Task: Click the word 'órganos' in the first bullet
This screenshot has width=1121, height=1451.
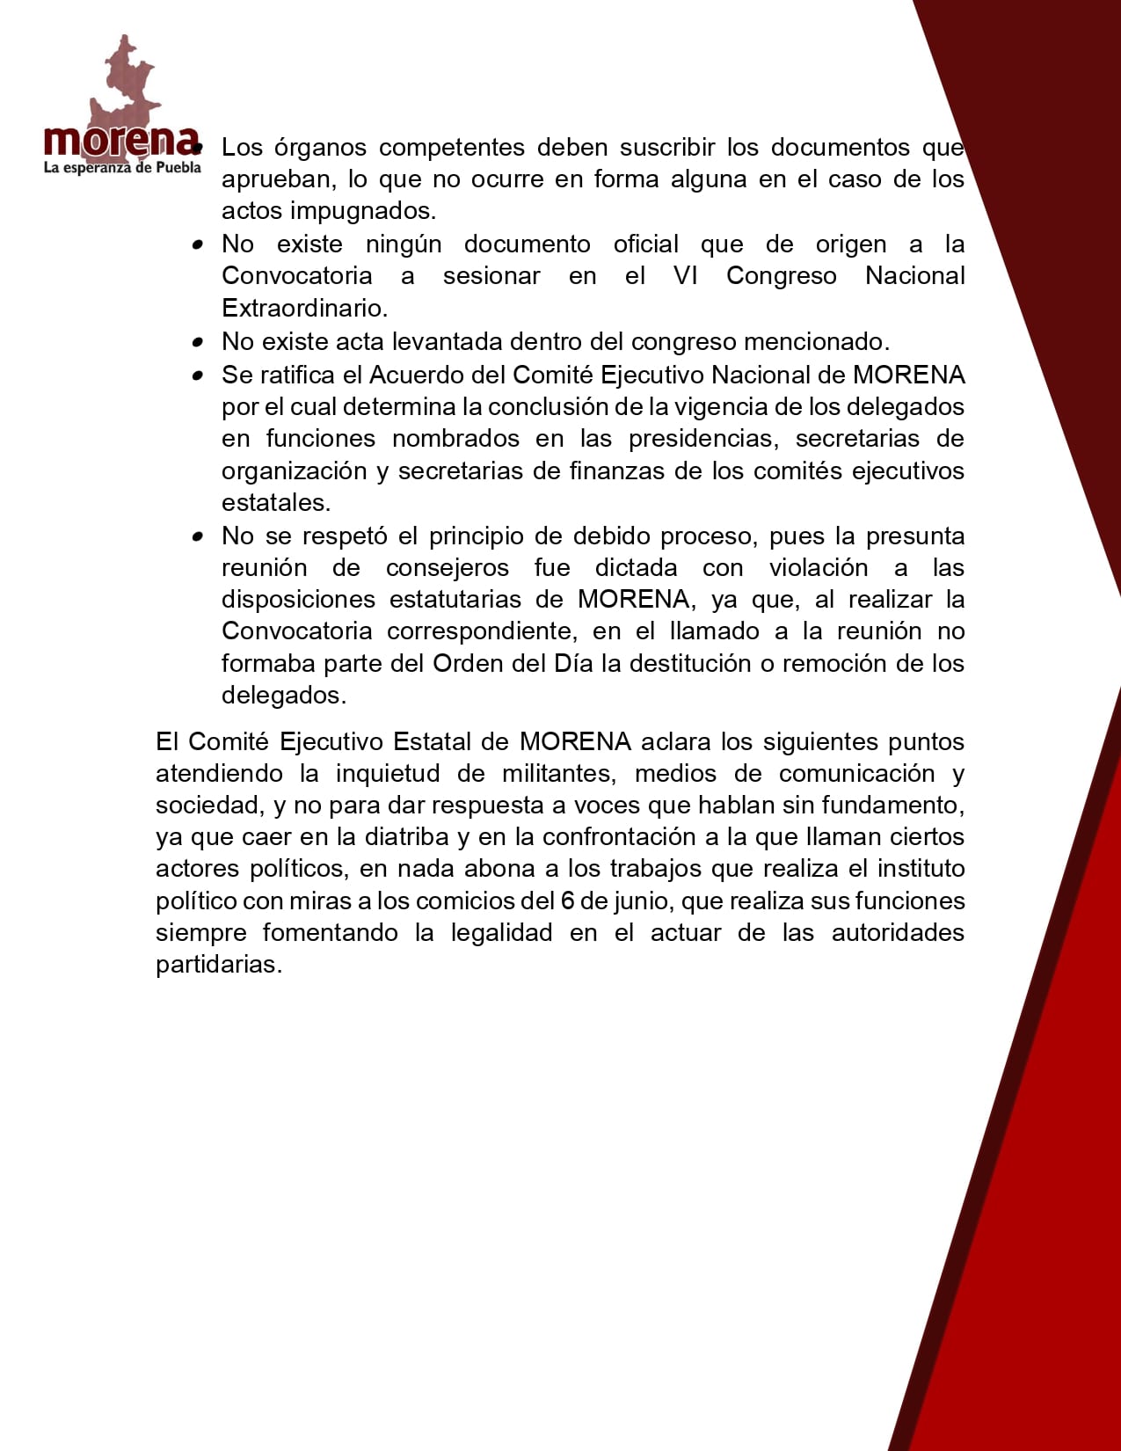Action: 319,148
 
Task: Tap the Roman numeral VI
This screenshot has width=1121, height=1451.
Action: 686,276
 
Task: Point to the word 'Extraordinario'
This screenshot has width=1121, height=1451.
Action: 303,308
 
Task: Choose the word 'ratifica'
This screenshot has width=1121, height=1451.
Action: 299,376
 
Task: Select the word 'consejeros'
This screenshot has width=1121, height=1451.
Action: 447,568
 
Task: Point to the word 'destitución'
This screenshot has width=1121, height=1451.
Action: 687,663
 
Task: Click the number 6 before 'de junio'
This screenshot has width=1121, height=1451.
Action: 567,901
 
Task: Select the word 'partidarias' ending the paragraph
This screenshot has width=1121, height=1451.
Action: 217,965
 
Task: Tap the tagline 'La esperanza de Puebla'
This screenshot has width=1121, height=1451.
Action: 122,167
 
